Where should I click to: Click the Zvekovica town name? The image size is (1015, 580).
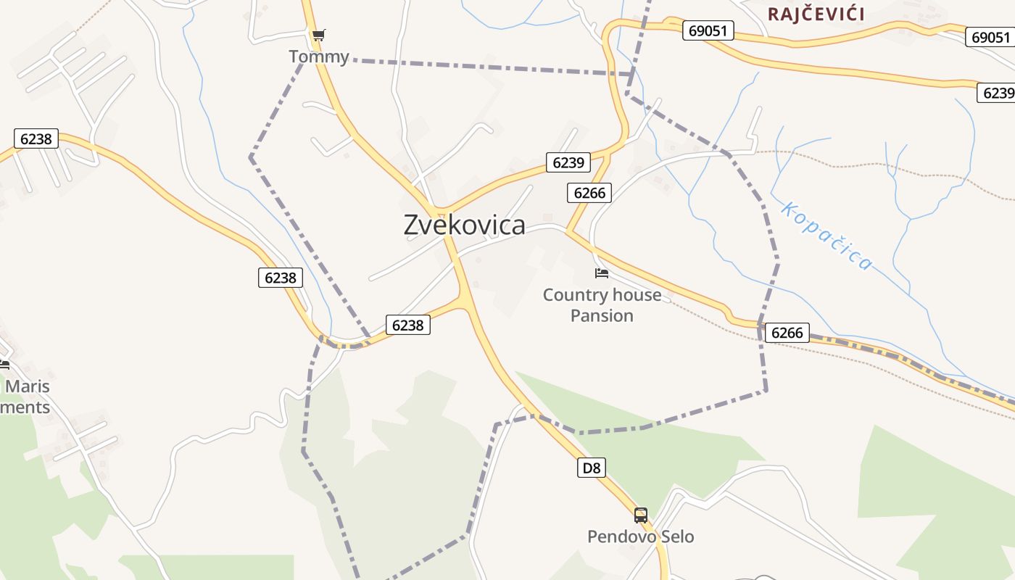tap(464, 225)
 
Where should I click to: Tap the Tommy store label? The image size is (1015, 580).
tap(318, 57)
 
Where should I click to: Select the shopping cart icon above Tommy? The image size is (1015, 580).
tap(318, 35)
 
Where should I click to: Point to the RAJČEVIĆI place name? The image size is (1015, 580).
tap(816, 14)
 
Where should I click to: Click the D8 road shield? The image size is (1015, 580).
tap(592, 468)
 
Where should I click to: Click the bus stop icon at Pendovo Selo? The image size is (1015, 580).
tap(640, 515)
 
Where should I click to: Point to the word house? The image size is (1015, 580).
tap(637, 295)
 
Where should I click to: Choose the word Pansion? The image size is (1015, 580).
tap(602, 315)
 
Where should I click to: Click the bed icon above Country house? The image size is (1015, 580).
tap(601, 273)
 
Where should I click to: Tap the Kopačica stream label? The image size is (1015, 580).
tap(826, 236)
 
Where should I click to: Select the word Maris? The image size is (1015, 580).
tap(28, 386)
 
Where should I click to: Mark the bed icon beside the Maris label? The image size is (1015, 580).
tap(4, 364)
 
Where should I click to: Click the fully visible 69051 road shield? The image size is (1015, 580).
tap(708, 30)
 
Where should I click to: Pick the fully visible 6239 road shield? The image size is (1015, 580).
tap(568, 162)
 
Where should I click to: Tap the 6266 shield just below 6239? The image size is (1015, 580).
tap(589, 192)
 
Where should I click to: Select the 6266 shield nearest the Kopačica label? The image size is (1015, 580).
tap(787, 333)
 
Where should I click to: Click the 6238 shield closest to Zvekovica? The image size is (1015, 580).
tap(407, 325)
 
